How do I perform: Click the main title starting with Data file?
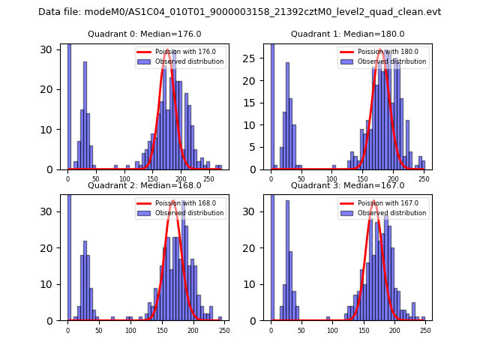pos(240,12)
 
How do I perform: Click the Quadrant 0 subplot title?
pos(145,34)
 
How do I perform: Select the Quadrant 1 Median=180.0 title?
pos(348,34)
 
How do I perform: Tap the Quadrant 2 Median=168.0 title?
pos(145,185)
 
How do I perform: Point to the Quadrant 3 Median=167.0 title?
pos(348,185)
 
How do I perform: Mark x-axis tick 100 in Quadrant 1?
pos(332,178)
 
